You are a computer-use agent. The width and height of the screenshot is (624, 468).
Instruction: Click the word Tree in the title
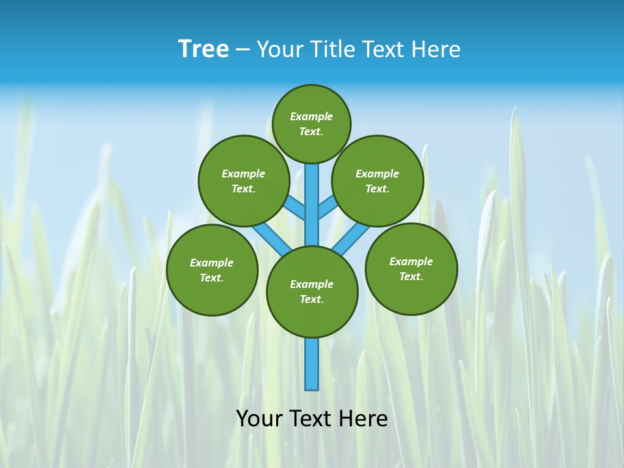203,49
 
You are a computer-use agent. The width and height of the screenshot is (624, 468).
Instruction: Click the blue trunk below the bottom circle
312,364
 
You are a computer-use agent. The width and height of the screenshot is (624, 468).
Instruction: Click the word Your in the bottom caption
259,419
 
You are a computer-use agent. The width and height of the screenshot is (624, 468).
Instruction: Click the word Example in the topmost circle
311,116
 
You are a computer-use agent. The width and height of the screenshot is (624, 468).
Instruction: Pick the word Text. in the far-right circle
411,276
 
